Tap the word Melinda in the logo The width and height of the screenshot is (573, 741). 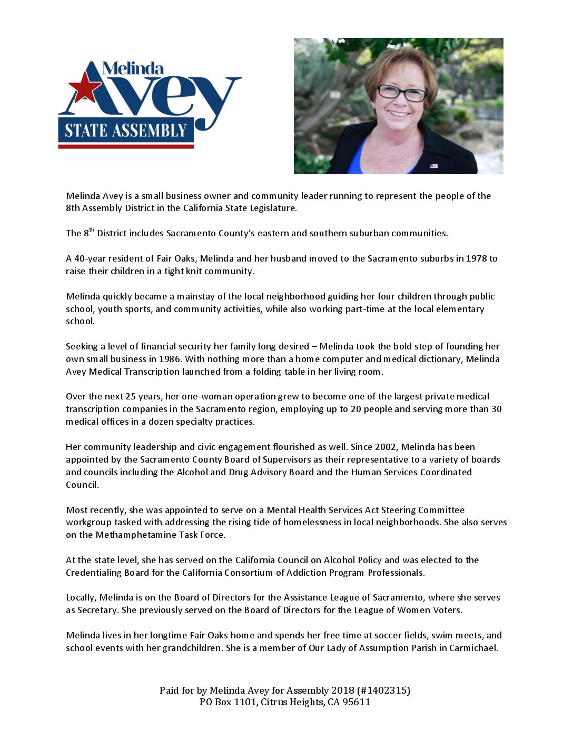[x=133, y=68]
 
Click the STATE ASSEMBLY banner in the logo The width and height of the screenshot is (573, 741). [x=126, y=130]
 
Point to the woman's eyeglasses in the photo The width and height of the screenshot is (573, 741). [x=401, y=93]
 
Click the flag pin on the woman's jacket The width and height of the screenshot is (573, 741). [x=433, y=166]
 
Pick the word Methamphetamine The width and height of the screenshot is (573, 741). [x=132, y=535]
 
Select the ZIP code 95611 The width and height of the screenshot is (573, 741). [x=356, y=702]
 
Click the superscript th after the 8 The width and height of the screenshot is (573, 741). [x=92, y=230]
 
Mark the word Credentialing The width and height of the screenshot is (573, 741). [x=93, y=573]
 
